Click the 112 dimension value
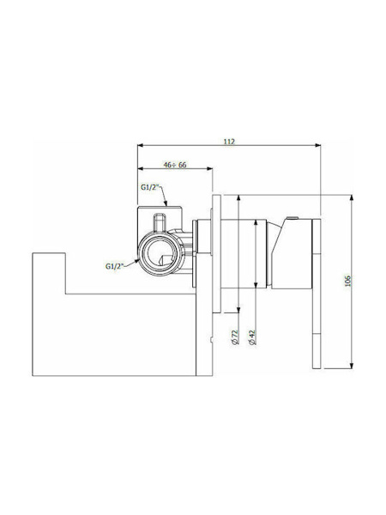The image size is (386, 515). pyautogui.click(x=229, y=142)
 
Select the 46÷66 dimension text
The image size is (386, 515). pyautogui.click(x=175, y=165)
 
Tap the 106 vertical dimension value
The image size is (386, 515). pyautogui.click(x=348, y=281)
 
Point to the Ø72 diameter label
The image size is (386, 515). pyautogui.click(x=235, y=337)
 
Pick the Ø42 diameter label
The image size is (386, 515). pyautogui.click(x=252, y=337)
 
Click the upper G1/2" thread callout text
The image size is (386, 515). pyautogui.click(x=149, y=187)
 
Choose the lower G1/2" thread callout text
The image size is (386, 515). pyautogui.click(x=114, y=266)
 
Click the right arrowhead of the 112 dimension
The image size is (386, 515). pyautogui.click(x=317, y=145)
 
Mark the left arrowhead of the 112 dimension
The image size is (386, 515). pyautogui.click(x=140, y=145)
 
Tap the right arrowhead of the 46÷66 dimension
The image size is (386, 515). pyautogui.click(x=209, y=169)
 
